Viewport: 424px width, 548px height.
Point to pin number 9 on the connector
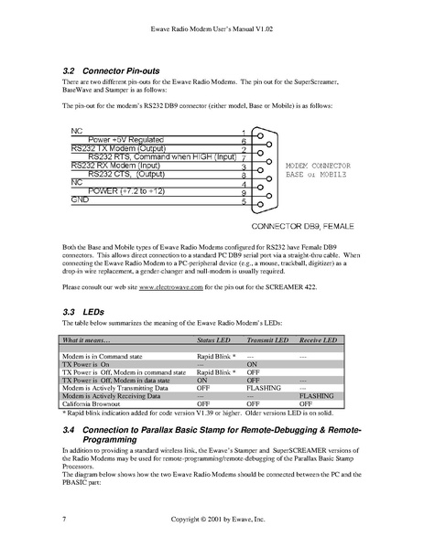tap(244, 192)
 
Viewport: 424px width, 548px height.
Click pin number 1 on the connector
tap(244, 132)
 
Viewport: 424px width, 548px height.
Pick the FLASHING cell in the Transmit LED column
tap(264, 387)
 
